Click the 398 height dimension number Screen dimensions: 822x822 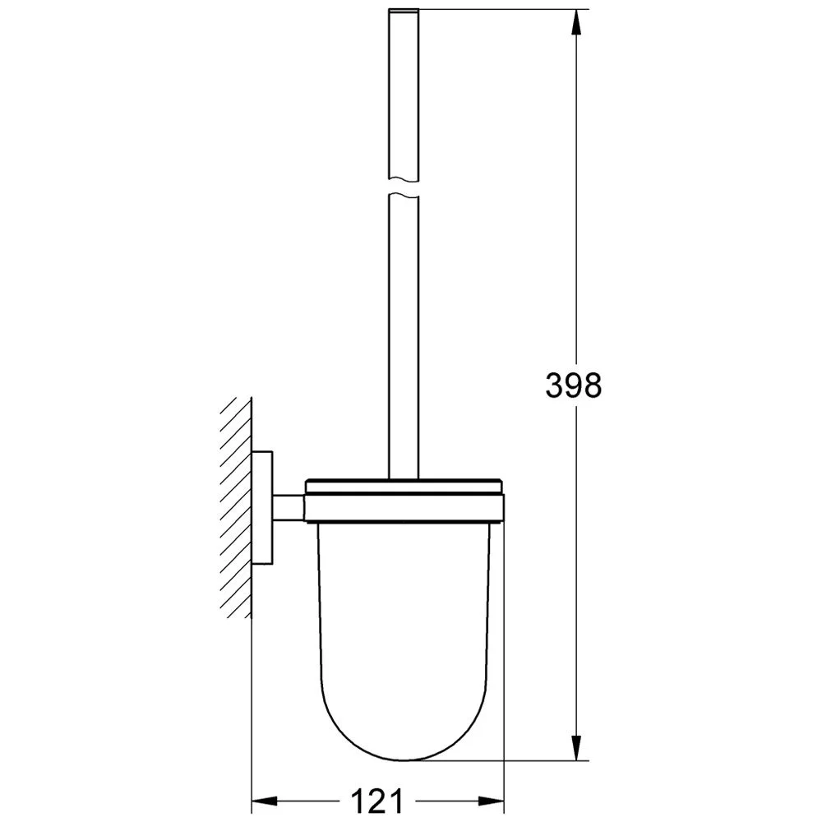pyautogui.click(x=574, y=386)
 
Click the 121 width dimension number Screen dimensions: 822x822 pyautogui.click(x=377, y=801)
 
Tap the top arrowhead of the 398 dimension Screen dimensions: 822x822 pyautogui.click(x=576, y=23)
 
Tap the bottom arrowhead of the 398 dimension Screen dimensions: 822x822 pyautogui.click(x=576, y=746)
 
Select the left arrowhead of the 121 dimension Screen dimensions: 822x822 pyautogui.click(x=265, y=801)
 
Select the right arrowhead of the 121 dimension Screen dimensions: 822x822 pyautogui.click(x=491, y=801)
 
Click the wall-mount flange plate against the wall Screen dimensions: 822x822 pyautogui.click(x=262, y=507)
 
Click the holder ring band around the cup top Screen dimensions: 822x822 pyautogui.click(x=404, y=508)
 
